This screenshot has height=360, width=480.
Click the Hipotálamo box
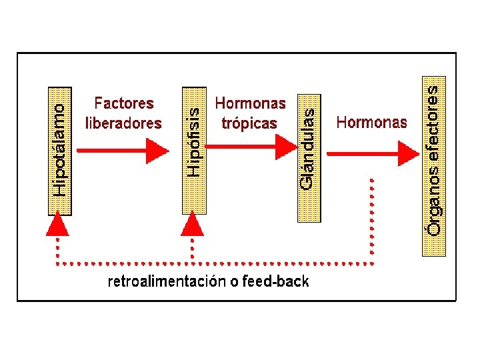(x=60, y=149)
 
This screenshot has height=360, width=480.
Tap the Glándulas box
(x=307, y=154)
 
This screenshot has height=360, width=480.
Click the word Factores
(x=124, y=103)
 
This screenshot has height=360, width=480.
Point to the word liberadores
(x=124, y=123)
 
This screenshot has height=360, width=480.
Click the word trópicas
(x=249, y=123)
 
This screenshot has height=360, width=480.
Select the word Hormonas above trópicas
(x=250, y=103)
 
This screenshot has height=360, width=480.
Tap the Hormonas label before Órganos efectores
(x=371, y=122)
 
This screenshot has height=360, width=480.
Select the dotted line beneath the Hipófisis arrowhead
(x=193, y=250)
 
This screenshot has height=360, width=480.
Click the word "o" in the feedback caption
(x=233, y=282)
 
